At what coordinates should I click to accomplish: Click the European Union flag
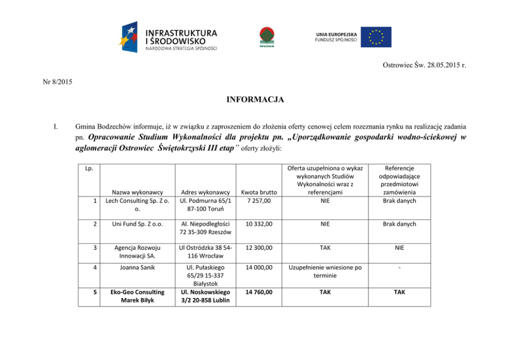tap(376, 37)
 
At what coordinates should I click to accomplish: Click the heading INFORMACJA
tap(254, 99)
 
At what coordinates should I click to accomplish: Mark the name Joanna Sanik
tap(136, 267)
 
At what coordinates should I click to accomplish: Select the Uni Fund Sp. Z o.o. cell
tap(136, 224)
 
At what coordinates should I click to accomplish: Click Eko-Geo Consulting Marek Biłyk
tap(136, 296)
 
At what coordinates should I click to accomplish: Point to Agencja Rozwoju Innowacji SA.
tap(136, 251)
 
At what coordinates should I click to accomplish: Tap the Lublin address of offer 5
tap(205, 296)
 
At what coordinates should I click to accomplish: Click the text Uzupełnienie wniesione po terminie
tap(325, 271)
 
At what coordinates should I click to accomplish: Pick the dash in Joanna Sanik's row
tap(399, 267)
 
